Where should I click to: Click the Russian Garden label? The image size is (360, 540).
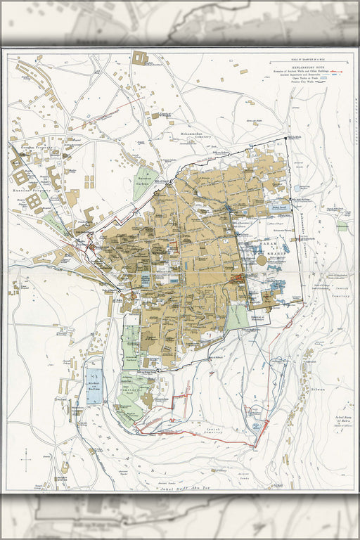[x=145, y=180]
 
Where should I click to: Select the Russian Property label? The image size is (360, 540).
[x=26, y=190]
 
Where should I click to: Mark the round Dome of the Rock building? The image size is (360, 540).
[x=262, y=259]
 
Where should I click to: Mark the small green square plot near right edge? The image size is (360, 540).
[x=342, y=226]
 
